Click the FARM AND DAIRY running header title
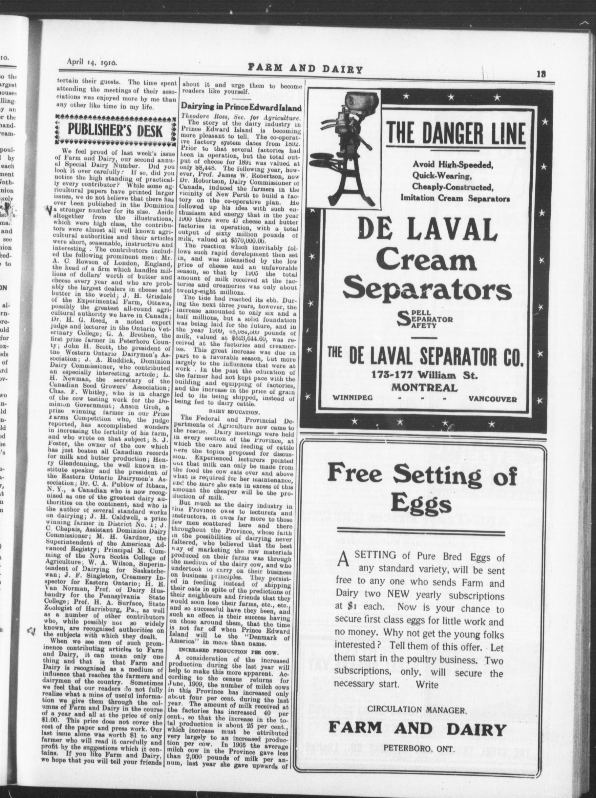click(x=305, y=69)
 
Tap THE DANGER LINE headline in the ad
click(x=456, y=134)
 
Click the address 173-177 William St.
click(x=425, y=375)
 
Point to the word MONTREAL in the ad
click(x=425, y=388)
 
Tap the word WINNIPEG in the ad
click(x=353, y=398)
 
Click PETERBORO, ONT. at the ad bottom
click(x=418, y=746)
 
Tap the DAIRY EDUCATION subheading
click(x=234, y=412)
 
